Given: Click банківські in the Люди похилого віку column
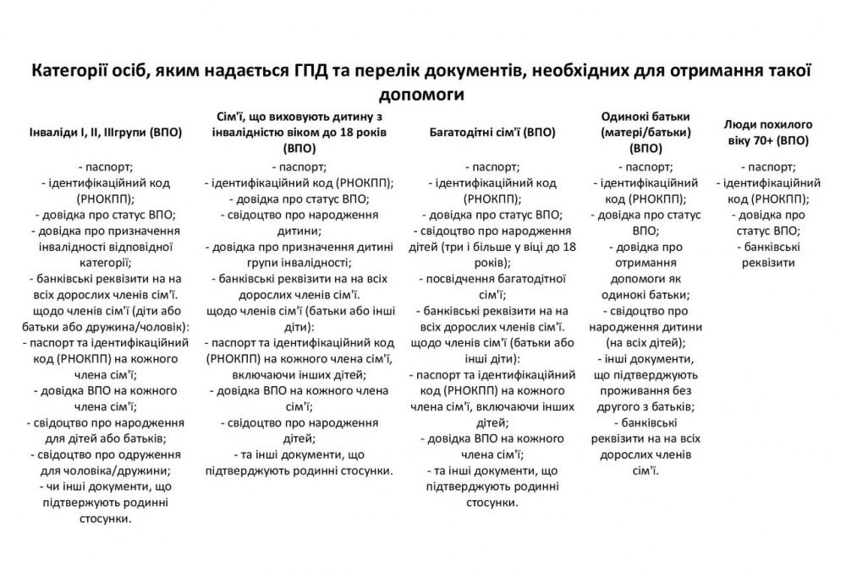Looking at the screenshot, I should (772, 247).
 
